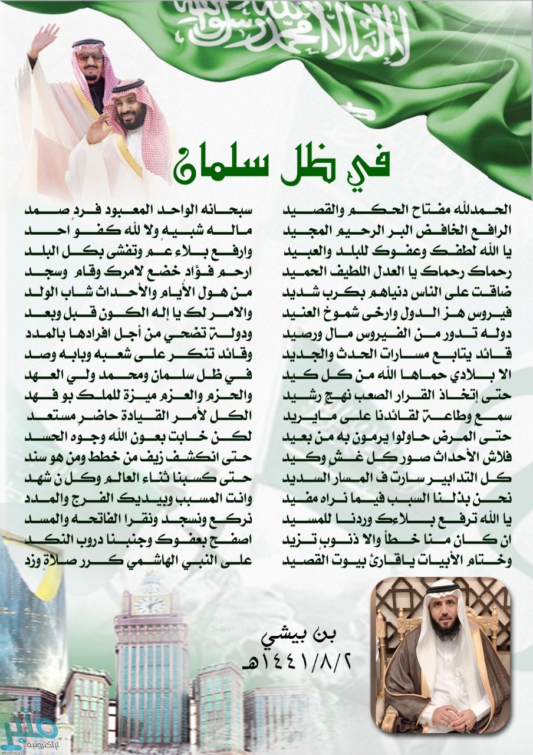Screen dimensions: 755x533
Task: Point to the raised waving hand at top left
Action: click(x=44, y=38)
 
